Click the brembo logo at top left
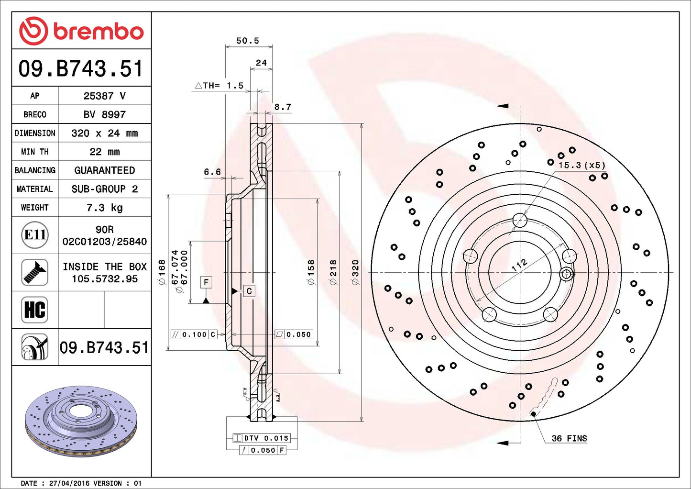click(81, 31)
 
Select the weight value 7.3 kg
click(104, 208)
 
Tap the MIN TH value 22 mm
click(104, 152)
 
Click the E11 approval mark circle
click(35, 235)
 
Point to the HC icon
click(35, 310)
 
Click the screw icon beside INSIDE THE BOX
click(35, 272)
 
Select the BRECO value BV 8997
click(104, 114)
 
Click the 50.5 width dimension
click(248, 41)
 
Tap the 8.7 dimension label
click(283, 107)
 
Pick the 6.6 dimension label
click(212, 172)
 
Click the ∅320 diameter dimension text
click(355, 272)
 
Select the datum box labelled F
click(206, 282)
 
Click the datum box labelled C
click(249, 291)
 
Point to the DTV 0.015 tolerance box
click(261, 438)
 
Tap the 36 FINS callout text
click(569, 438)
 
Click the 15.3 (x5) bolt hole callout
click(581, 165)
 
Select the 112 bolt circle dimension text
click(519, 265)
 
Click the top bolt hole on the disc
click(520, 221)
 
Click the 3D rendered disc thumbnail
click(81, 421)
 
